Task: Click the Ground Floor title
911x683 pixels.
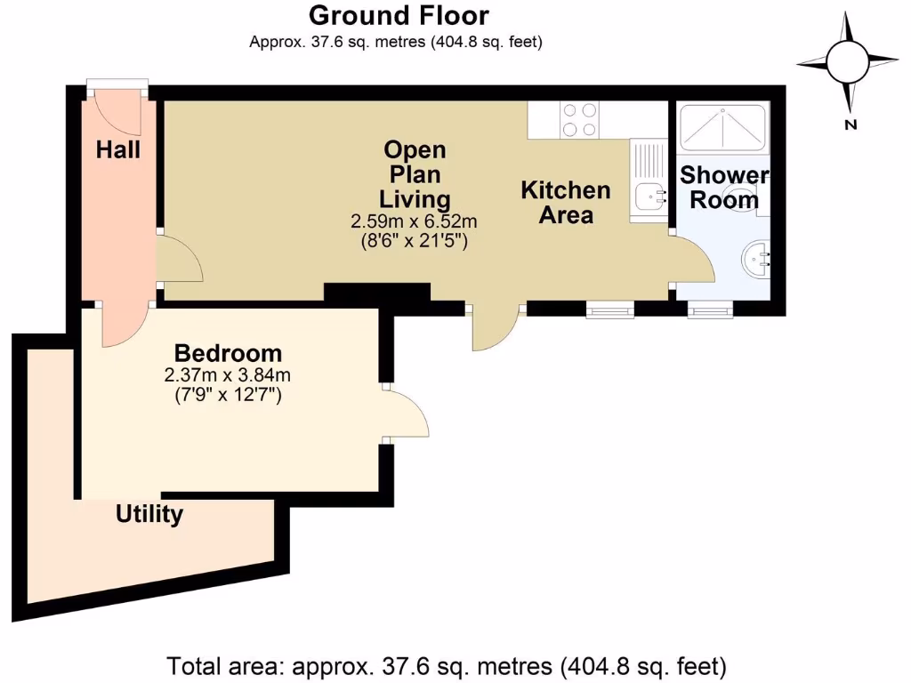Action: click(398, 16)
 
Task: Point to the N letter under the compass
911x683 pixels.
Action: click(851, 125)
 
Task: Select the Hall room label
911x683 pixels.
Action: click(118, 150)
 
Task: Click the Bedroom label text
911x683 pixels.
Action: click(228, 353)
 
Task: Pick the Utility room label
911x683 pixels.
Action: click(149, 514)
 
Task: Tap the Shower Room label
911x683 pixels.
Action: click(724, 188)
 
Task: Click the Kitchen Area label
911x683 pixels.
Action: click(566, 202)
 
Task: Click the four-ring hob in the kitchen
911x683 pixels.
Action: click(579, 120)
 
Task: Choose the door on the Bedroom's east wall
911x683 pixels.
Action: click(406, 414)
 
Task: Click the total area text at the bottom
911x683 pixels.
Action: click(447, 665)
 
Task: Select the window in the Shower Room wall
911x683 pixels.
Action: click(710, 309)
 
